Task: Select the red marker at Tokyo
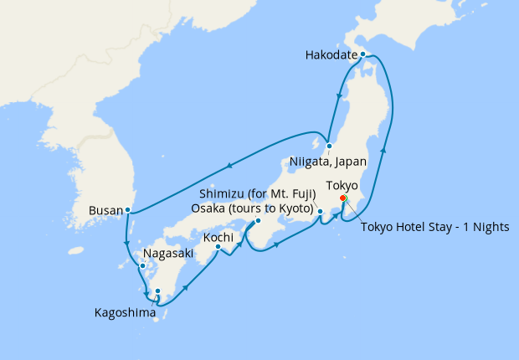[x=343, y=198]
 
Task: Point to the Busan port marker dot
[x=127, y=209]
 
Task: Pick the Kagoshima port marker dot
[x=157, y=291]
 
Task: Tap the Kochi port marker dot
[x=218, y=247]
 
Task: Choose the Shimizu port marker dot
[x=321, y=222]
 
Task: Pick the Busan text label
[x=105, y=211]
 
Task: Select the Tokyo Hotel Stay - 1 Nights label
[x=434, y=228]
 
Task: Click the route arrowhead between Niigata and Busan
[x=228, y=165]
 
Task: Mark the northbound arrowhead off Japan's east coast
[x=384, y=149]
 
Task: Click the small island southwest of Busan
[x=77, y=249]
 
